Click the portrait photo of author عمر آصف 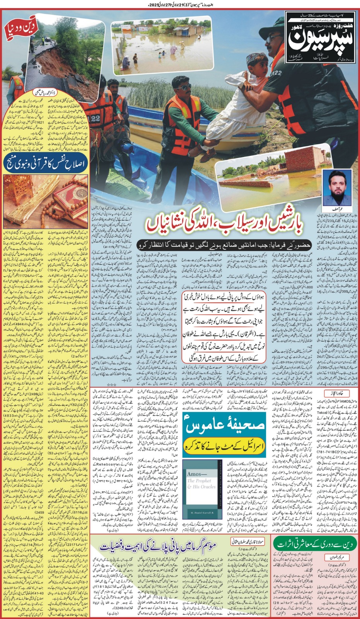tap(336, 188)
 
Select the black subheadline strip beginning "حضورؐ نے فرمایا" tap(224, 245)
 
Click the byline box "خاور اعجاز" tap(336, 393)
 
